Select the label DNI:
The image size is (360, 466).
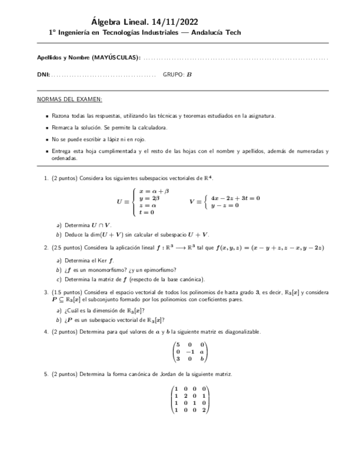[x=43, y=74]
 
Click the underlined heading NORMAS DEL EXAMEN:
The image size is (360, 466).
[x=69, y=99]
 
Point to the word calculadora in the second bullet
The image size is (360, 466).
[x=152, y=127]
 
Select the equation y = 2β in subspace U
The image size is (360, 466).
[x=149, y=198]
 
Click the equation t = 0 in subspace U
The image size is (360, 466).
[x=147, y=212]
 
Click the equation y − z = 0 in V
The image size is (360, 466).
[x=225, y=206]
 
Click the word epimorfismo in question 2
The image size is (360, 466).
[x=159, y=270]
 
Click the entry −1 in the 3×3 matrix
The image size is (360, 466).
[x=190, y=352]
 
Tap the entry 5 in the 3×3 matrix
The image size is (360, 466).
[x=178, y=345]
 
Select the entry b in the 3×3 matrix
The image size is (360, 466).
[x=202, y=360]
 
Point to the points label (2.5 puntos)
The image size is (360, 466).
[x=68, y=248]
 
